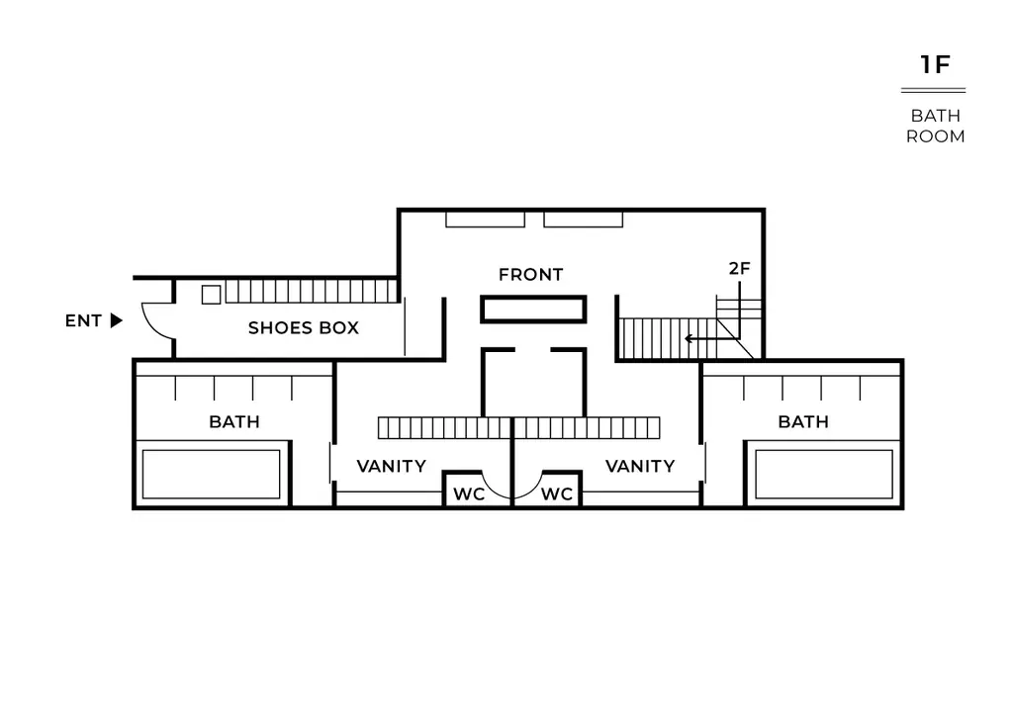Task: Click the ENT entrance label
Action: pyautogui.click(x=83, y=320)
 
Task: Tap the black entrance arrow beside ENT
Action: pyautogui.click(x=117, y=320)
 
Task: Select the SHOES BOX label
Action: pyautogui.click(x=304, y=328)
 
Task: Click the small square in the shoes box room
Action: pyautogui.click(x=212, y=295)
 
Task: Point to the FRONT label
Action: pyautogui.click(x=531, y=275)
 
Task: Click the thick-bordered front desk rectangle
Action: pyautogui.click(x=533, y=310)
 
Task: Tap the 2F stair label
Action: pyautogui.click(x=740, y=269)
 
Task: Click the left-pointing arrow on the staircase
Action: pyautogui.click(x=701, y=338)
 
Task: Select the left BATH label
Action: pyautogui.click(x=234, y=422)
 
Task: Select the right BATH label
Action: pyautogui.click(x=803, y=422)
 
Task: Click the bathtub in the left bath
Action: pyautogui.click(x=212, y=475)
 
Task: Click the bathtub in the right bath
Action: pyautogui.click(x=824, y=475)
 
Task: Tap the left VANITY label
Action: pyautogui.click(x=392, y=466)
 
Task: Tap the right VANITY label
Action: pyautogui.click(x=640, y=466)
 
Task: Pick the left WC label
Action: pyautogui.click(x=469, y=494)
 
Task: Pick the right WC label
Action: pyautogui.click(x=557, y=494)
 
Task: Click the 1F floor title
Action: pyautogui.click(x=935, y=64)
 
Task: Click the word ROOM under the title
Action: pyautogui.click(x=936, y=136)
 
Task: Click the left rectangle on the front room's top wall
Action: pyautogui.click(x=485, y=220)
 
